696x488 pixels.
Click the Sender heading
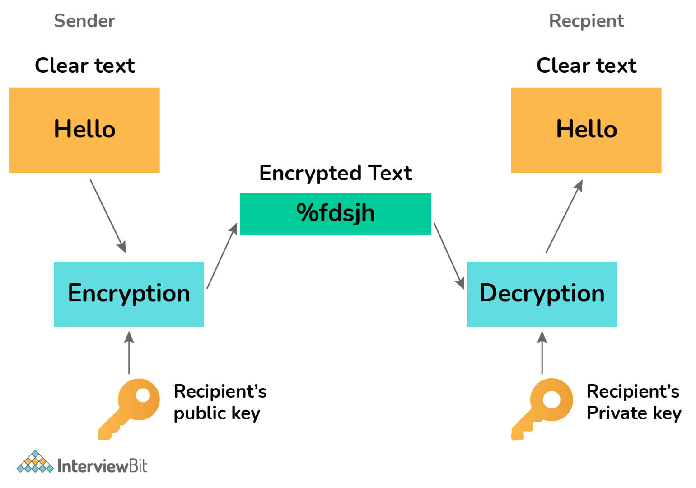pos(84,21)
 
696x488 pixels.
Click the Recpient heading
pos(586,21)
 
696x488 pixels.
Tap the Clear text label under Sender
pos(84,66)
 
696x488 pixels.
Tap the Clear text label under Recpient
pos(586,66)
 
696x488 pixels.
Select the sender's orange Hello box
pos(84,130)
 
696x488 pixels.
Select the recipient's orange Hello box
pos(586,130)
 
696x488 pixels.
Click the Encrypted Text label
pos(336,174)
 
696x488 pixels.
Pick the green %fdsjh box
pos(335,214)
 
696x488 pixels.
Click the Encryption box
pos(129,294)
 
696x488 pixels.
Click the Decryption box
pos(542,294)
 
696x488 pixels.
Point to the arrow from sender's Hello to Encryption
pos(108,216)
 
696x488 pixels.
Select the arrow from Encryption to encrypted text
pos(222,256)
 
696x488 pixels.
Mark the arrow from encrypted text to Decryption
pos(449,256)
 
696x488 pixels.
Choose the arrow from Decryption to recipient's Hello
pos(564,216)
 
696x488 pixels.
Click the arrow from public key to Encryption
pos(129,352)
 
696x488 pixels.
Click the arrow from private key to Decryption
pos(542,352)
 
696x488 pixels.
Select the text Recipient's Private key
pos(633,402)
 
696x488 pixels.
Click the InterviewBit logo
pos(82,463)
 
